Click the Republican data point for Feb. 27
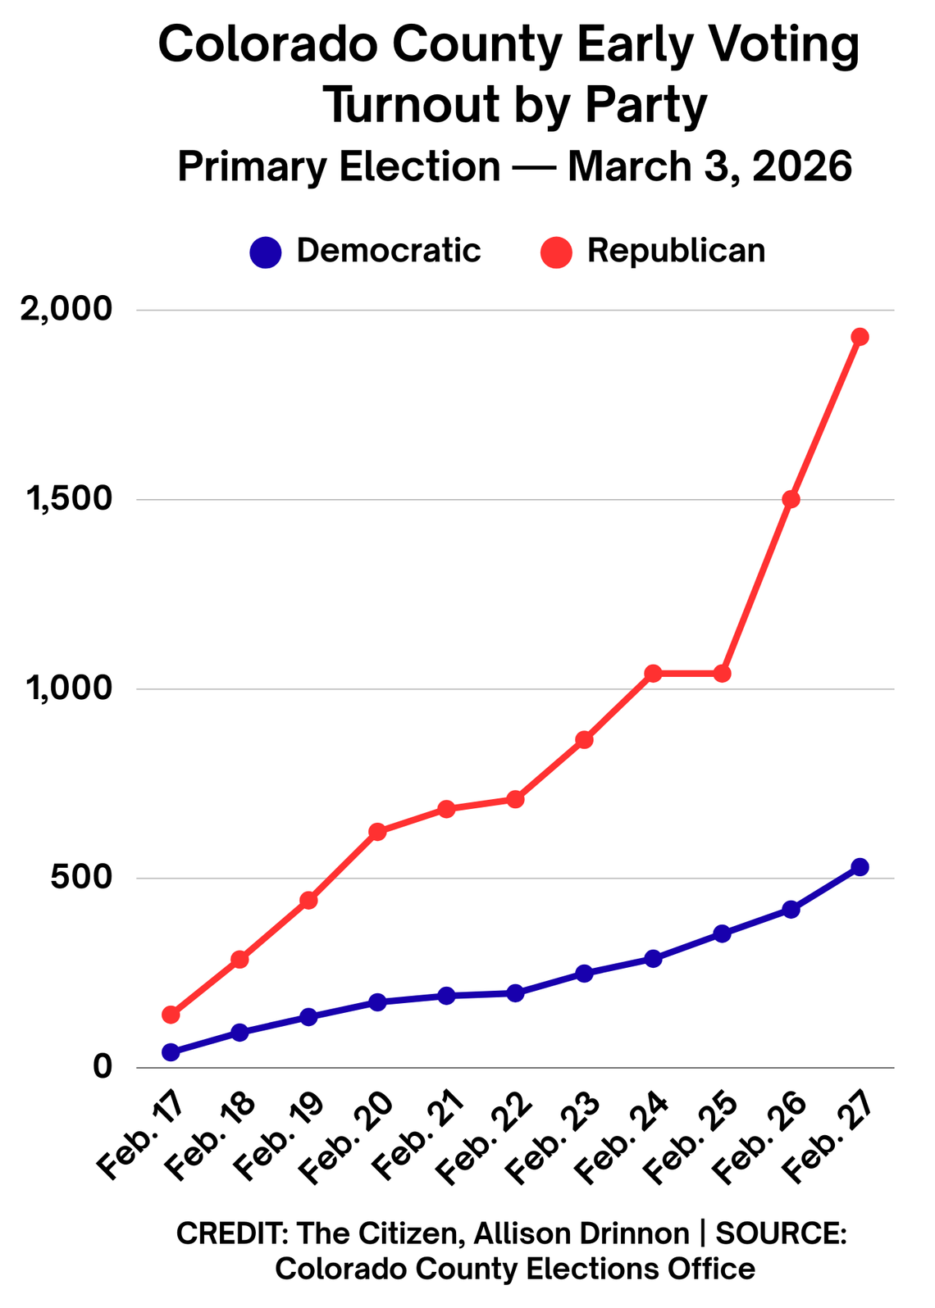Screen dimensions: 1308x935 tap(860, 337)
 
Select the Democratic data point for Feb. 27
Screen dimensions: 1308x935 tap(860, 867)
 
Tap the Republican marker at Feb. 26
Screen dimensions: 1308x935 tap(791, 499)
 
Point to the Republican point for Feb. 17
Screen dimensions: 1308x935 tap(171, 1015)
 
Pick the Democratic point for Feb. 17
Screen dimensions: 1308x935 tap(171, 1052)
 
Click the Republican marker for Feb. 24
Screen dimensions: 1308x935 tap(653, 674)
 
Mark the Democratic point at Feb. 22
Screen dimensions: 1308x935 tap(515, 993)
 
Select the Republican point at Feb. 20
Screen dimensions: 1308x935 tap(377, 832)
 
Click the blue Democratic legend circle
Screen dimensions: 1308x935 tap(266, 252)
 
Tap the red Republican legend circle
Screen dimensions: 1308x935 tap(556, 252)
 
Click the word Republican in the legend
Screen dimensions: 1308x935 tap(676, 250)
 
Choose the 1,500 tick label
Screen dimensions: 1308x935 tap(71, 499)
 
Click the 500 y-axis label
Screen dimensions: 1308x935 tap(82, 878)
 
